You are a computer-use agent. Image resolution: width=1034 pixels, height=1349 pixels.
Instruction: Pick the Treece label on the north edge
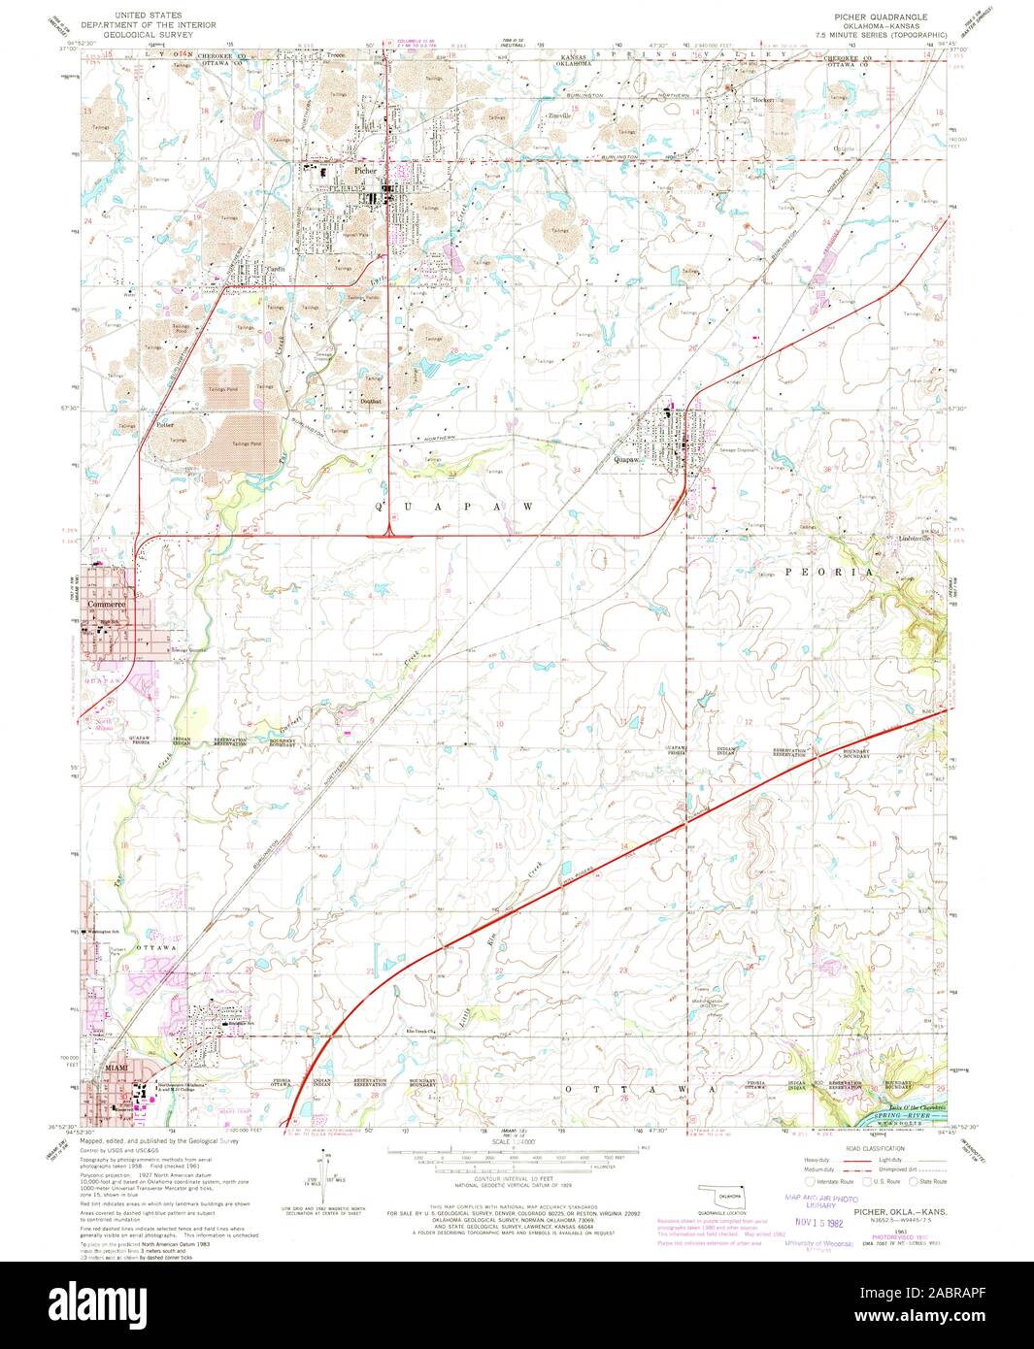click(336, 55)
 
